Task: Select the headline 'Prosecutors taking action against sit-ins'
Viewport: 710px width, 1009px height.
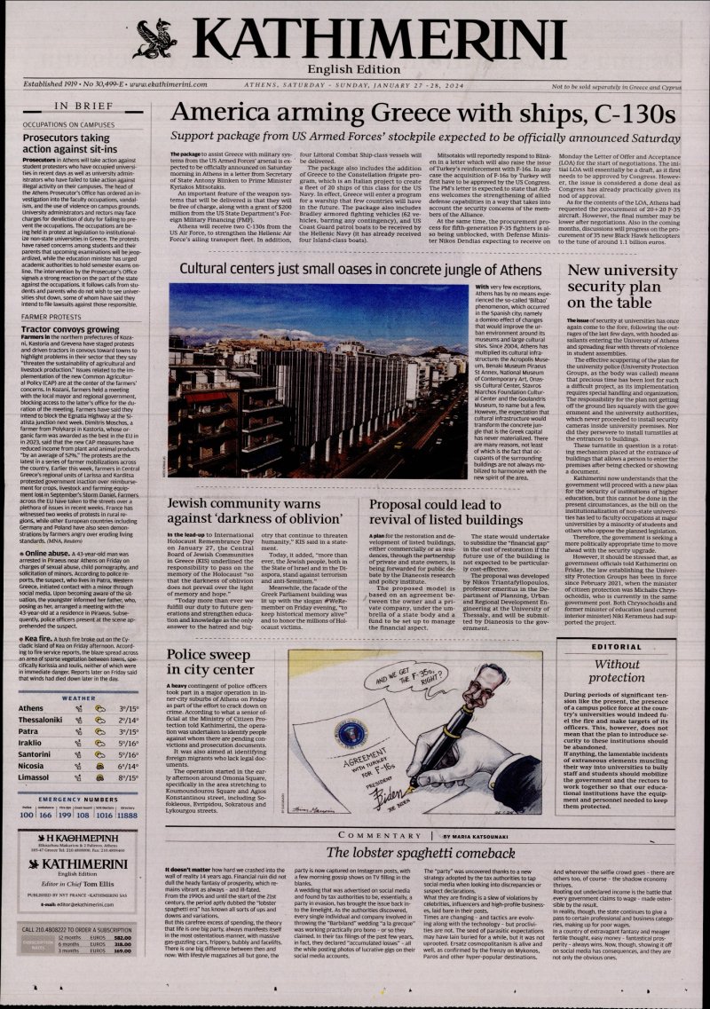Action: point(67,145)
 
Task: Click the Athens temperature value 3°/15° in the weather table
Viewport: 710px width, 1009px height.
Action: point(129,683)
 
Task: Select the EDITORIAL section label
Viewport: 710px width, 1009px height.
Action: point(618,648)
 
